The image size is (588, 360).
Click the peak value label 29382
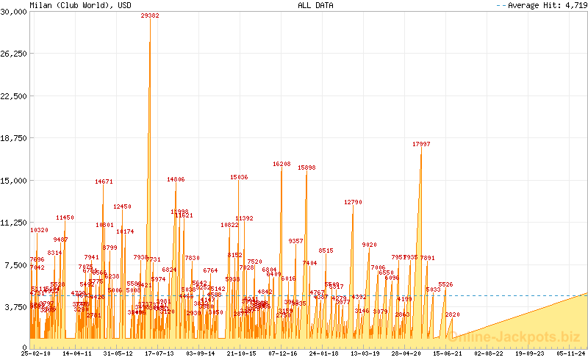click(x=150, y=15)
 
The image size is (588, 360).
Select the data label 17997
click(x=421, y=144)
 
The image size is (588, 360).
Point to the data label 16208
click(x=282, y=165)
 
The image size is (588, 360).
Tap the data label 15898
click(x=306, y=168)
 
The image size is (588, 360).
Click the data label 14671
click(x=104, y=181)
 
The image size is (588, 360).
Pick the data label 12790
click(x=353, y=202)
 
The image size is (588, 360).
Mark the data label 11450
click(x=65, y=217)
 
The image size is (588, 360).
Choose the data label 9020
click(x=369, y=245)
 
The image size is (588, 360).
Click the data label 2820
click(x=452, y=314)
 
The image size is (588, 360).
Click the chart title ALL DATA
click(x=315, y=5)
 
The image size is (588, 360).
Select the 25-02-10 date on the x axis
click(x=35, y=353)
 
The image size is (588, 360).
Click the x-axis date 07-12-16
click(x=283, y=353)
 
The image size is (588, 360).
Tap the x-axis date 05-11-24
click(x=572, y=353)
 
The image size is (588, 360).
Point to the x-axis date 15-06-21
click(x=448, y=353)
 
